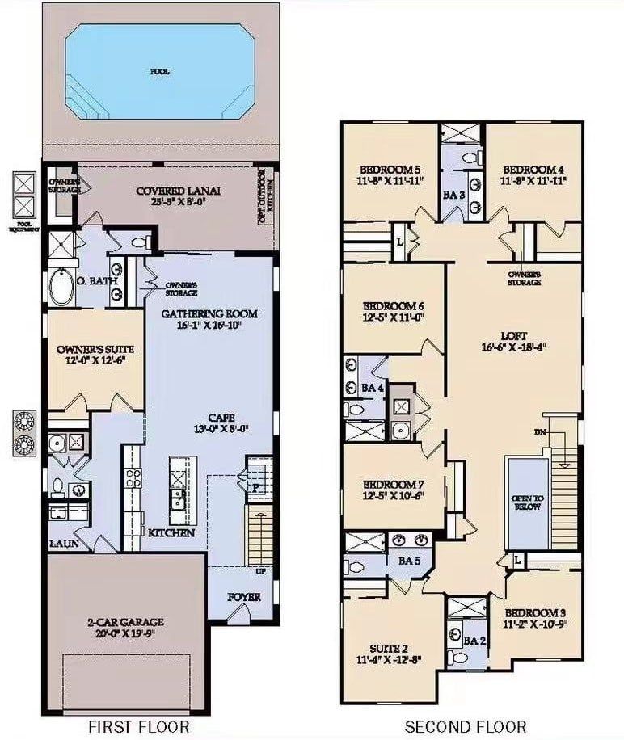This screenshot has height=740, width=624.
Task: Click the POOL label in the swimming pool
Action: (160, 71)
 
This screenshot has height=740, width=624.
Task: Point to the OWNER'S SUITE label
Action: (95, 349)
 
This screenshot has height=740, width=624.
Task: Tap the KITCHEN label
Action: (171, 533)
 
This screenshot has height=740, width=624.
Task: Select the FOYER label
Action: (244, 599)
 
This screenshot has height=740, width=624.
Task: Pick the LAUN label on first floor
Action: (62, 544)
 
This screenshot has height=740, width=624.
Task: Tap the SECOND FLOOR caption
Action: (465, 726)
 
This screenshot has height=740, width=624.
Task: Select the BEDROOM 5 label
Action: (390, 169)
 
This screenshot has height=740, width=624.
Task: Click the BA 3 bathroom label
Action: (453, 195)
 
